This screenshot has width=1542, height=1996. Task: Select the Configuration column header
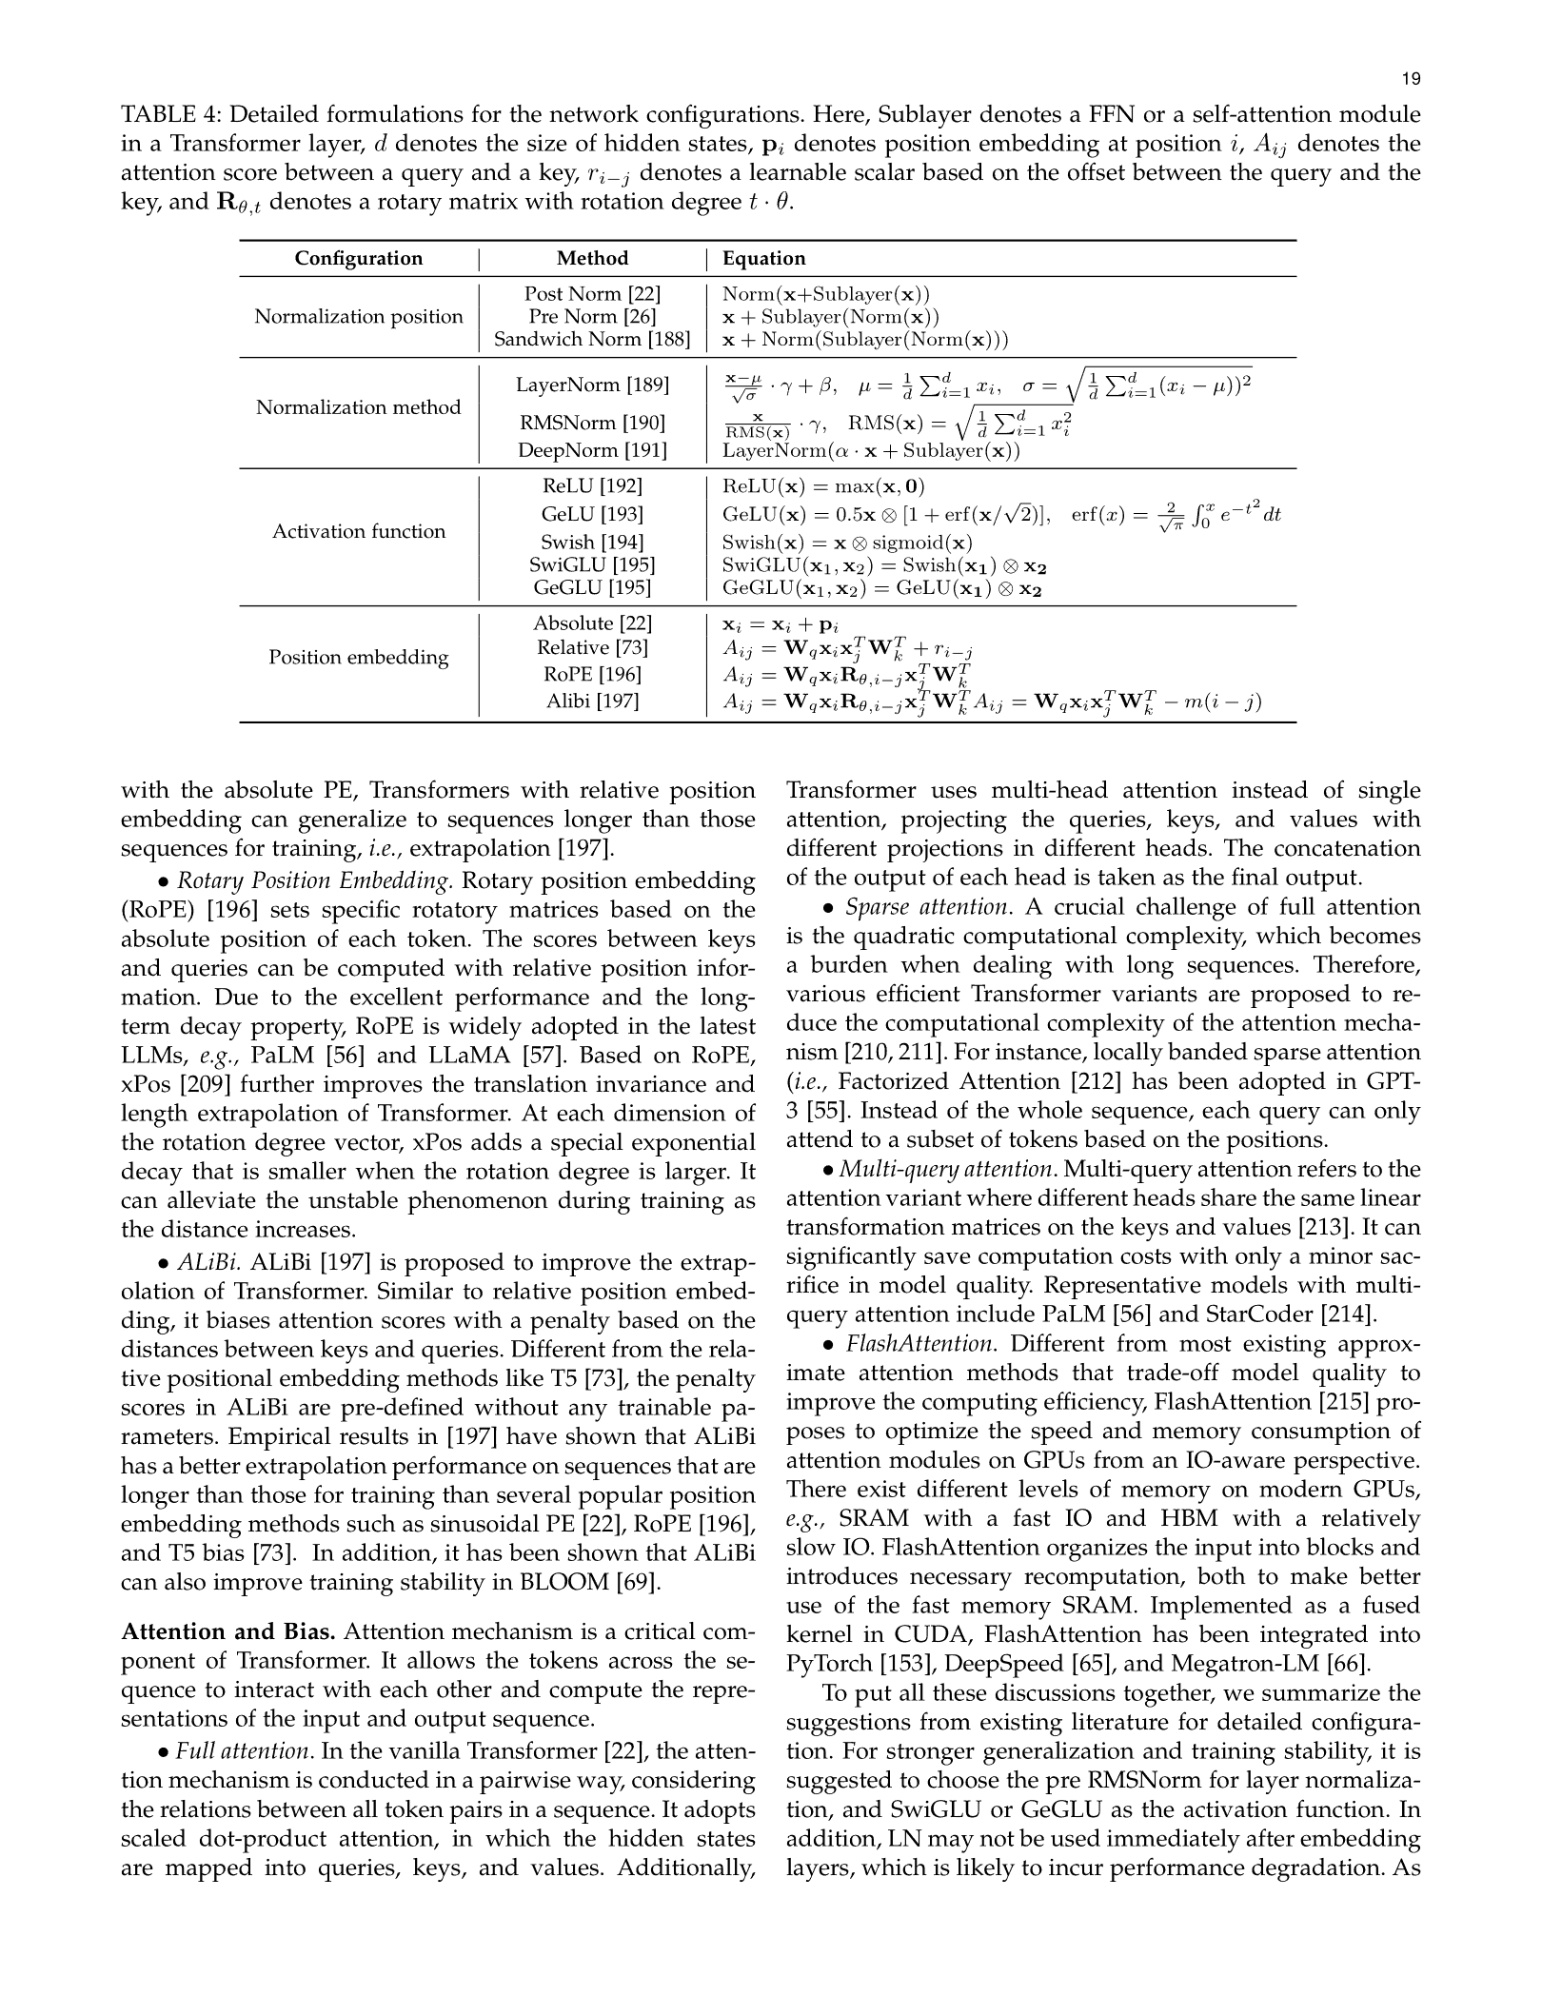coord(358,259)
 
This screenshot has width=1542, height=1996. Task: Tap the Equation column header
coord(763,259)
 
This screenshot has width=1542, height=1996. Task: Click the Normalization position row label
coord(358,317)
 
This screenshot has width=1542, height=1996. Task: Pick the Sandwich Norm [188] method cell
coord(592,340)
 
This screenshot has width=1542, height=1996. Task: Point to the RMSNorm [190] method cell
coord(592,423)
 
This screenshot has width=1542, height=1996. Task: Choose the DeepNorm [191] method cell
coord(592,450)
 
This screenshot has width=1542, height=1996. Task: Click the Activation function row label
coord(358,532)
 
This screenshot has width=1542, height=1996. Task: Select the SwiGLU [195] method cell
coord(592,565)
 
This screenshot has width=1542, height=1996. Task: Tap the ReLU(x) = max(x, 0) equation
coord(823,486)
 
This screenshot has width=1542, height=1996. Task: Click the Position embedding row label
coord(358,658)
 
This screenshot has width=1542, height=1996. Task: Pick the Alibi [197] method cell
coord(592,702)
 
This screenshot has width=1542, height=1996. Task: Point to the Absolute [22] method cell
coord(592,623)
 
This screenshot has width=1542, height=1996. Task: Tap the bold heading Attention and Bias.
coord(228,1632)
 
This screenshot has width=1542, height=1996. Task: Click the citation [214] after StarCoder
coord(1349,1315)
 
